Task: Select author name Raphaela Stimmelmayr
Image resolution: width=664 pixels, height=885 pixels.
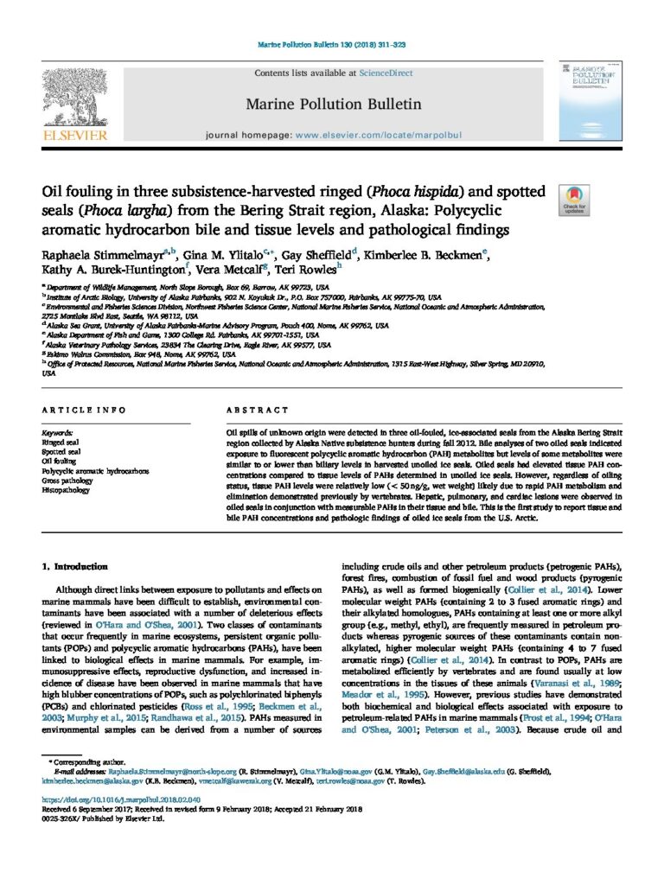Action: point(103,252)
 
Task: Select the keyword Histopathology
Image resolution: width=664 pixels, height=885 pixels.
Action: point(71,489)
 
